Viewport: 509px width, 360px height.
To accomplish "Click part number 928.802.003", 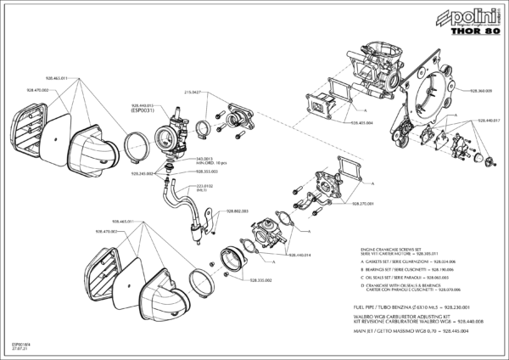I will [236, 210].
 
